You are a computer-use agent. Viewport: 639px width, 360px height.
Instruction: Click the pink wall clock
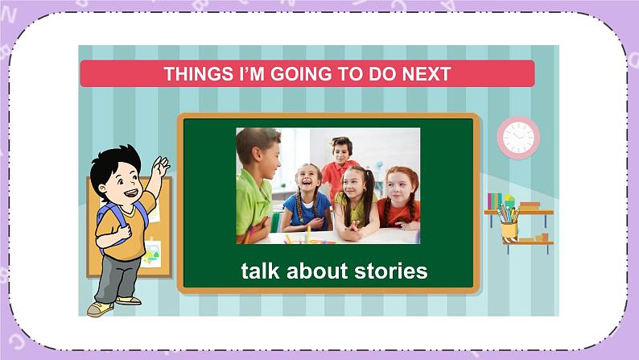pos(517,138)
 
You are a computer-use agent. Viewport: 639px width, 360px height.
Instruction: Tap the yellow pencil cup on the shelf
pos(508,229)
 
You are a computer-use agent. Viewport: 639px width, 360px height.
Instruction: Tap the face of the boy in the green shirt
pos(264,155)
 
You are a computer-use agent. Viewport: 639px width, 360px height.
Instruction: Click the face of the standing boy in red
pos(341,151)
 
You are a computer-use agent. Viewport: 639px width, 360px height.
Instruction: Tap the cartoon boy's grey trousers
pos(117,279)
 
